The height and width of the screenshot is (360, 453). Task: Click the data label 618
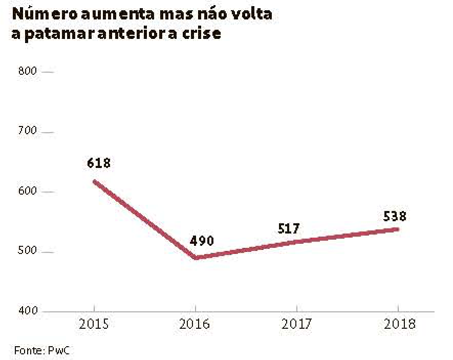click(99, 163)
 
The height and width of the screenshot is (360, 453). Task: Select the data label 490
click(201, 241)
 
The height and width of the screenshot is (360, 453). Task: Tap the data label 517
click(289, 228)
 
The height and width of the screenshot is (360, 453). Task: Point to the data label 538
click(395, 217)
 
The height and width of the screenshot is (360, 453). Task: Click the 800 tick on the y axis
click(28, 71)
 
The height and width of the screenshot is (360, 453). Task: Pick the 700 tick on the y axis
click(28, 132)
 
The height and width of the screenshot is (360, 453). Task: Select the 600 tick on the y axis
click(28, 192)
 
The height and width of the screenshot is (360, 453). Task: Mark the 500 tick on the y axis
click(28, 252)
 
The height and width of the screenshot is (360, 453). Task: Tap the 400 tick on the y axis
click(28, 311)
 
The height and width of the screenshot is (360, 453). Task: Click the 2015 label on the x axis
click(94, 325)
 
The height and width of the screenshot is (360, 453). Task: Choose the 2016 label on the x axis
click(196, 325)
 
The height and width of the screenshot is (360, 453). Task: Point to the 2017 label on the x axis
click(297, 325)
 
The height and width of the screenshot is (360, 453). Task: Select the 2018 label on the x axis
click(399, 325)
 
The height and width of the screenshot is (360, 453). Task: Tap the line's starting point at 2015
click(95, 181)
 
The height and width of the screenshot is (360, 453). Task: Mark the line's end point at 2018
click(398, 229)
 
